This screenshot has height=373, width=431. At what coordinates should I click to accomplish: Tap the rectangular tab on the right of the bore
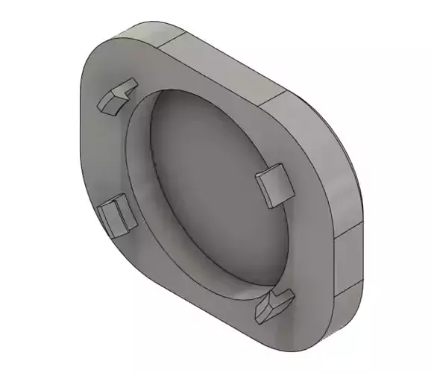click(273, 185)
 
